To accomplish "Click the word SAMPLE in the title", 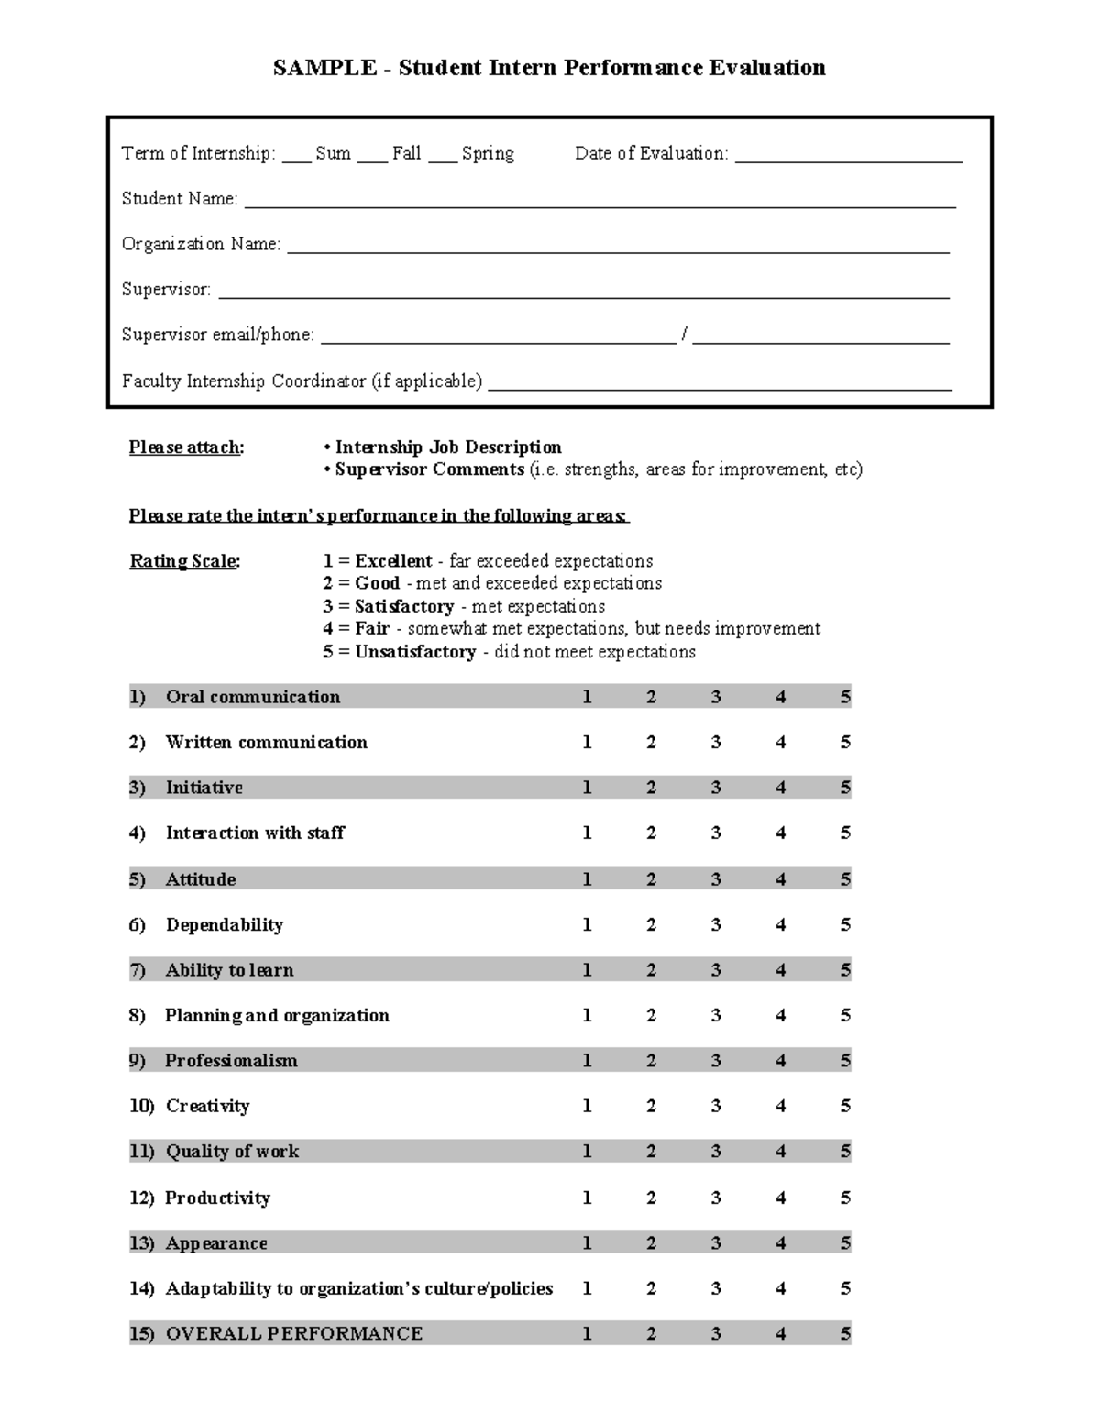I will pyautogui.click(x=324, y=68).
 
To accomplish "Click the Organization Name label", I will pyautogui.click(x=201, y=244).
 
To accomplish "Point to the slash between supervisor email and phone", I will pyautogui.click(x=684, y=335).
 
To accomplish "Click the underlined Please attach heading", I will pyautogui.click(x=186, y=447).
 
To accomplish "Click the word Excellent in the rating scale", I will pyautogui.click(x=393, y=561).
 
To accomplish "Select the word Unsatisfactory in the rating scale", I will pyautogui.click(x=414, y=652).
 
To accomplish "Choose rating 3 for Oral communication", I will pyautogui.click(x=716, y=697).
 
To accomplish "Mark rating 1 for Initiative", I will pyautogui.click(x=587, y=788).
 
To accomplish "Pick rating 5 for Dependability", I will pyautogui.click(x=845, y=924).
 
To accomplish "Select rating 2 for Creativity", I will pyautogui.click(x=651, y=1106).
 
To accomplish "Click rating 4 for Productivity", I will pyautogui.click(x=780, y=1198).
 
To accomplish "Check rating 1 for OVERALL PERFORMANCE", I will pyautogui.click(x=587, y=1333).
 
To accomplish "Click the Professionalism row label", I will pyautogui.click(x=231, y=1061).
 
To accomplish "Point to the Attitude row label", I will pyautogui.click(x=201, y=879).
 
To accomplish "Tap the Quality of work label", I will pyautogui.click(x=232, y=1152).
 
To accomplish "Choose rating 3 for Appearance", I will pyautogui.click(x=716, y=1243).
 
